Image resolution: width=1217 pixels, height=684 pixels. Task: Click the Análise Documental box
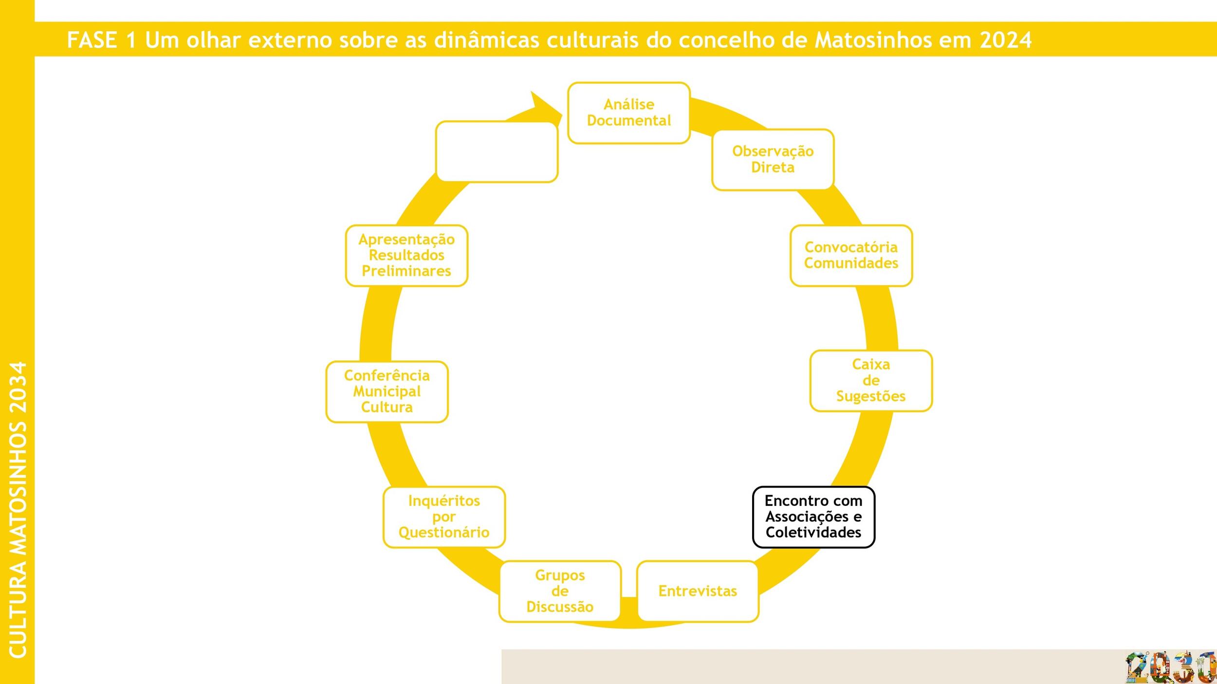point(628,113)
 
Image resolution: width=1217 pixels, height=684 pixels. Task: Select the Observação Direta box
point(773,160)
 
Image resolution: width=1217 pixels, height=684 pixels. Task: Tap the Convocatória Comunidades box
point(851,255)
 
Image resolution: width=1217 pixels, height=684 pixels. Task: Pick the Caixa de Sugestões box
point(871,380)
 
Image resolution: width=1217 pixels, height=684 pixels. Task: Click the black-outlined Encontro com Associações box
point(813,517)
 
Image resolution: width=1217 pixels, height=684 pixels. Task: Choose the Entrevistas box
point(698,591)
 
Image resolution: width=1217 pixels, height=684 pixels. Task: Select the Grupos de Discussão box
point(560,591)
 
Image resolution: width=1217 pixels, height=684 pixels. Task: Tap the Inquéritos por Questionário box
point(444,517)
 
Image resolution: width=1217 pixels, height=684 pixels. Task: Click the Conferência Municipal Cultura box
point(387,392)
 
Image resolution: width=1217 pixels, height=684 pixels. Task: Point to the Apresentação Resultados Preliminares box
point(406,255)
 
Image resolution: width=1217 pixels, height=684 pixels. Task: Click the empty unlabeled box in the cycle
point(497,152)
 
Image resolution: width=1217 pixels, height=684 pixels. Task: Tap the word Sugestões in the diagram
point(871,396)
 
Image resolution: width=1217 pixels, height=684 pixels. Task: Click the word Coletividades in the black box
point(813,532)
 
